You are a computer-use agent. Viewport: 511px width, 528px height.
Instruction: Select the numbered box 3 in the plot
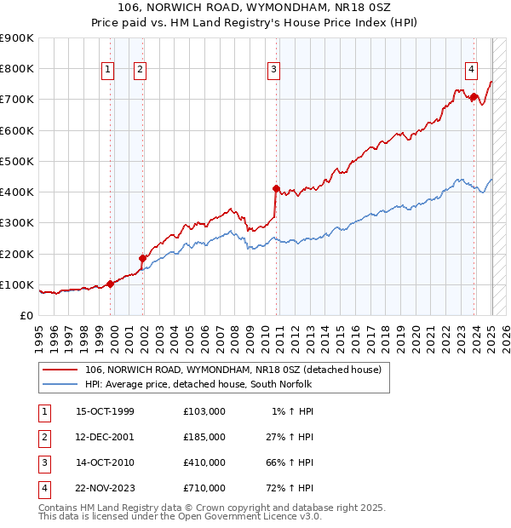[x=273, y=71]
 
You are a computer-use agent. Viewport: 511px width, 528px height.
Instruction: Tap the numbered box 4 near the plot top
[x=471, y=71]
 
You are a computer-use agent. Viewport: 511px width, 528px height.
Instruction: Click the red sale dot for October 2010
[x=276, y=189]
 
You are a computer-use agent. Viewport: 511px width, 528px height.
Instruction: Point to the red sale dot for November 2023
[x=474, y=97]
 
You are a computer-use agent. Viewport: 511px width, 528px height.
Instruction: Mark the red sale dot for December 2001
[x=143, y=258]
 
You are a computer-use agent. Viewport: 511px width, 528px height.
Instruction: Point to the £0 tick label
[x=26, y=315]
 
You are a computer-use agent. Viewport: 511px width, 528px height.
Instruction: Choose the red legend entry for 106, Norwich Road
[x=238, y=370]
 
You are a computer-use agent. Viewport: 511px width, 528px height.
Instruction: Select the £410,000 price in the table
[x=204, y=463]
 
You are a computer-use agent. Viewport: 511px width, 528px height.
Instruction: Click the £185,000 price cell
[x=204, y=438]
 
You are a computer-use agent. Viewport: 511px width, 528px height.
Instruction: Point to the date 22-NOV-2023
[x=105, y=489]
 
